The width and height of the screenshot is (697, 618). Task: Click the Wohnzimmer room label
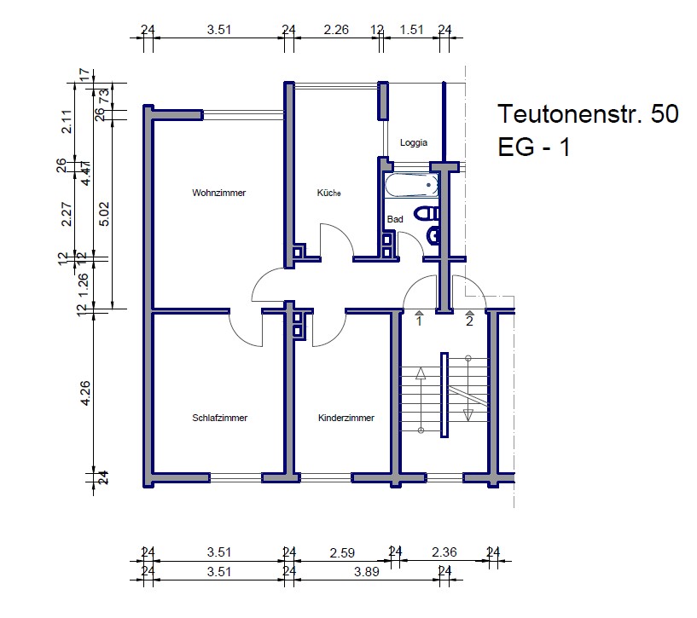[x=218, y=193]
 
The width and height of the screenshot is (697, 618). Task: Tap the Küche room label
[x=329, y=193]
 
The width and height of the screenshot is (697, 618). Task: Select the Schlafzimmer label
[x=219, y=418]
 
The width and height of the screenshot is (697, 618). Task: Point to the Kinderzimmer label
[x=346, y=418]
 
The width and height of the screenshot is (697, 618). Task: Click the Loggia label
[x=414, y=142]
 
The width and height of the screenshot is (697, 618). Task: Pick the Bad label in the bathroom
[x=395, y=219]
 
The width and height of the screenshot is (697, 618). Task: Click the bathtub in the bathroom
[x=411, y=185]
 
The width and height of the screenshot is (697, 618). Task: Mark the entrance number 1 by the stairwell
[x=419, y=321]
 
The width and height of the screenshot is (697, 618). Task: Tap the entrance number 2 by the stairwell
[x=469, y=321]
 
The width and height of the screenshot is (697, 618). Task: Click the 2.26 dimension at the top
[x=336, y=30]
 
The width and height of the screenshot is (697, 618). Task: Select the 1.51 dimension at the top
[x=411, y=30]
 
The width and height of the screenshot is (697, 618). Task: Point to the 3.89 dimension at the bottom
[x=367, y=572]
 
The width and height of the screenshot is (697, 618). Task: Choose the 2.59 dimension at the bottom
[x=342, y=552]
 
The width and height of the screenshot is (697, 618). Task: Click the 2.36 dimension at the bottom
[x=444, y=552]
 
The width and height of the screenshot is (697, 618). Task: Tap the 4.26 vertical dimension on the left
[x=85, y=393]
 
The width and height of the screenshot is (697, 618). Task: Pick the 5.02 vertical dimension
[x=104, y=214]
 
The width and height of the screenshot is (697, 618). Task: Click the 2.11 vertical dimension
[x=67, y=122]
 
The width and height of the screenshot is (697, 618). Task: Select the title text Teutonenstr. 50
[x=588, y=113]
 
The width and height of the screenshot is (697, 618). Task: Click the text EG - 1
[x=534, y=147]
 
